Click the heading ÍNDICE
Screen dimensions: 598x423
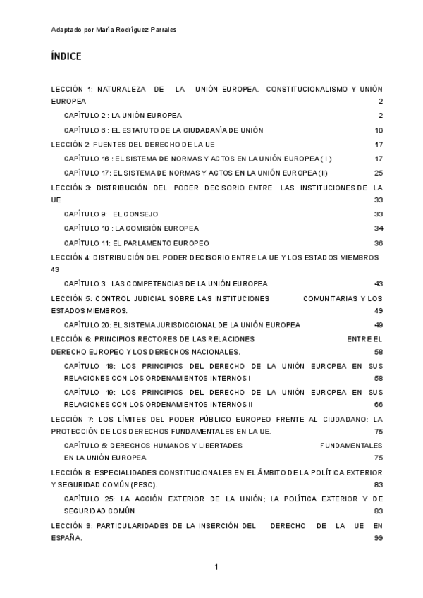point(66,56)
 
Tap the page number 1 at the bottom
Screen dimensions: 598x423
point(217,567)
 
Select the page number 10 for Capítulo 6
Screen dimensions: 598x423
point(379,130)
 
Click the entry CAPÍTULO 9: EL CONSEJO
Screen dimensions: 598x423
point(111,214)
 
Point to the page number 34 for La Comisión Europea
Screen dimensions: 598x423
point(379,228)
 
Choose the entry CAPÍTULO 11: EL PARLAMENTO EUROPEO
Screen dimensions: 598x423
point(130,243)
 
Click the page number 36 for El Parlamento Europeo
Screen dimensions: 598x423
point(379,243)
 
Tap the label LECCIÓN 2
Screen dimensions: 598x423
point(71,145)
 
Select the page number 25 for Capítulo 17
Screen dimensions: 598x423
point(379,173)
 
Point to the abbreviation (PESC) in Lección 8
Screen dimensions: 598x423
point(143,485)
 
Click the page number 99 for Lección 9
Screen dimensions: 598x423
point(379,538)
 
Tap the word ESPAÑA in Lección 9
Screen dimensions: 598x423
point(66,538)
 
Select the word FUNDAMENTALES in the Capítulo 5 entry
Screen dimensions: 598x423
point(351,446)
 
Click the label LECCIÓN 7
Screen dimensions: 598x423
point(71,420)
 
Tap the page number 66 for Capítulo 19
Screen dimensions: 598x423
point(379,405)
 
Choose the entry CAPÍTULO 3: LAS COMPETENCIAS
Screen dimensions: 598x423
point(166,283)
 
